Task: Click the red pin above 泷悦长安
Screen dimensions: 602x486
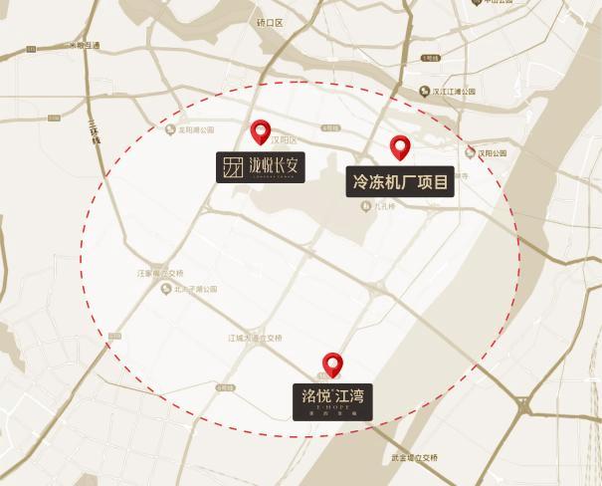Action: (261, 130)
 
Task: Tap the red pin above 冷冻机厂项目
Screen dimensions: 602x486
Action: (400, 147)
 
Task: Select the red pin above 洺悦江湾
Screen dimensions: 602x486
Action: (332, 364)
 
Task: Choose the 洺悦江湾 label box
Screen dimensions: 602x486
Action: (333, 399)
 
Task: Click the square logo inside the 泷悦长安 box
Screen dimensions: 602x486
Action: (232, 167)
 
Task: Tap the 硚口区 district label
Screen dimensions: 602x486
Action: (269, 21)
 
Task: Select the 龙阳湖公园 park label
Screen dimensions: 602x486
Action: (195, 129)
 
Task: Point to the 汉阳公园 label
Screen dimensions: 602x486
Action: (492, 153)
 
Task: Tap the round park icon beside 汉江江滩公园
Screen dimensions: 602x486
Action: (424, 91)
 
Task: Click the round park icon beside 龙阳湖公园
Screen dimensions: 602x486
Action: (170, 129)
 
